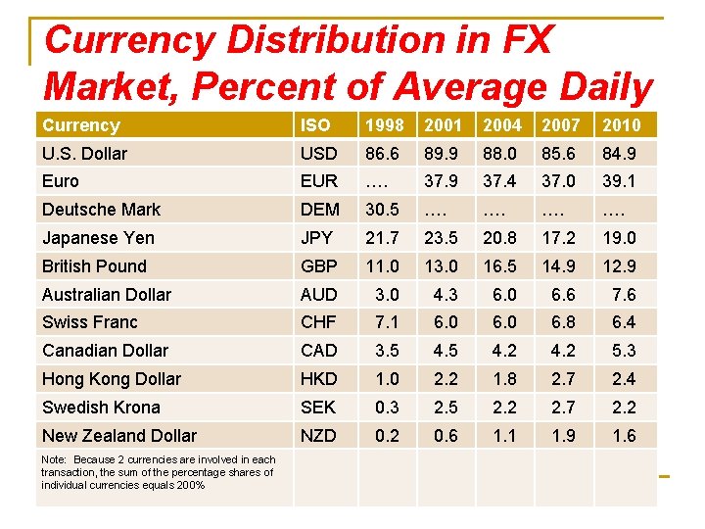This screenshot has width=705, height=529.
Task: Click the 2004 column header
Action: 503,124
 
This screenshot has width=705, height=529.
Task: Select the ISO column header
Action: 316,124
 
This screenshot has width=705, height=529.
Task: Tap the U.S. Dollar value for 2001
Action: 445,153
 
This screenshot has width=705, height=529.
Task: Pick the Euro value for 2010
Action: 621,181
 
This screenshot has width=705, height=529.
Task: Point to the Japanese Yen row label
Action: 98,238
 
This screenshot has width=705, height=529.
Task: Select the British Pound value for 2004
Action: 503,266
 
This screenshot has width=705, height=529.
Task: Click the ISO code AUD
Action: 319,295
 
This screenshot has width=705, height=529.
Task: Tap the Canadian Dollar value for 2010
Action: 624,351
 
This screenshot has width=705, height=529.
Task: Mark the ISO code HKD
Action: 319,379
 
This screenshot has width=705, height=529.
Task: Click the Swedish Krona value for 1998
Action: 387,408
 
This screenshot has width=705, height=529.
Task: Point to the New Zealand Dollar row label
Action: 119,436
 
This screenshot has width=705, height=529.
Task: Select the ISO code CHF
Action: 319,322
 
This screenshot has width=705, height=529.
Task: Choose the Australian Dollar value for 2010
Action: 624,295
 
